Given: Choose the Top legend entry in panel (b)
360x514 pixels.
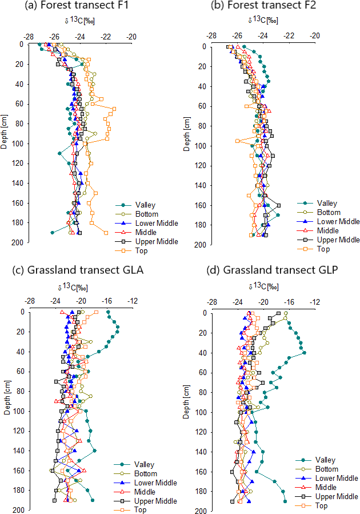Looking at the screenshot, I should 323,249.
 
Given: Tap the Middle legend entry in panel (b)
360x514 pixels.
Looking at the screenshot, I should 326,230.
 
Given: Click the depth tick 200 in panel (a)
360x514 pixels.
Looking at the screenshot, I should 18,242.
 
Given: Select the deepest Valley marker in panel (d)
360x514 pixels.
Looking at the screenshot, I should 285,501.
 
